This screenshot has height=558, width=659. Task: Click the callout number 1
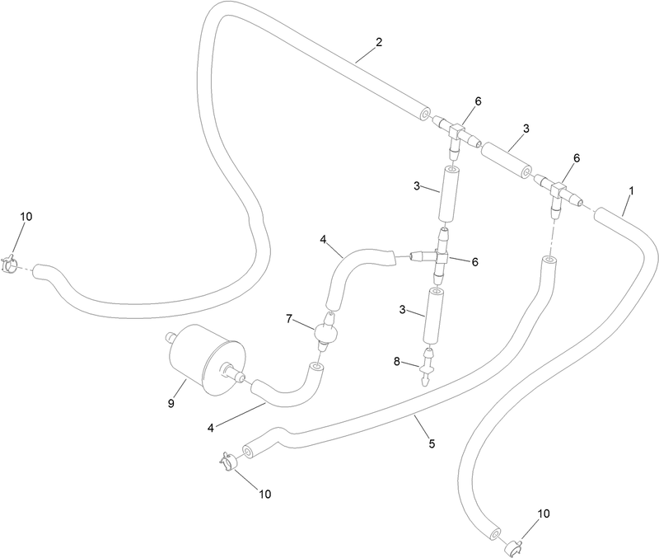coord(631,191)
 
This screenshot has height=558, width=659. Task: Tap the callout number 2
coord(379,42)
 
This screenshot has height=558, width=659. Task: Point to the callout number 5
coord(432,443)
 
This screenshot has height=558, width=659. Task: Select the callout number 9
coord(171,404)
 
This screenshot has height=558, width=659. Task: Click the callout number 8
coord(397,361)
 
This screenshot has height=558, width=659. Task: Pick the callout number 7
coord(289,319)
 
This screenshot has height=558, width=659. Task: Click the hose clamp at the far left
coord(9,264)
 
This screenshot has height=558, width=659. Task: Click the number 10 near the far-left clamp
coord(26,217)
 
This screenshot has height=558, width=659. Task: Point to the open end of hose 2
coord(425,115)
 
